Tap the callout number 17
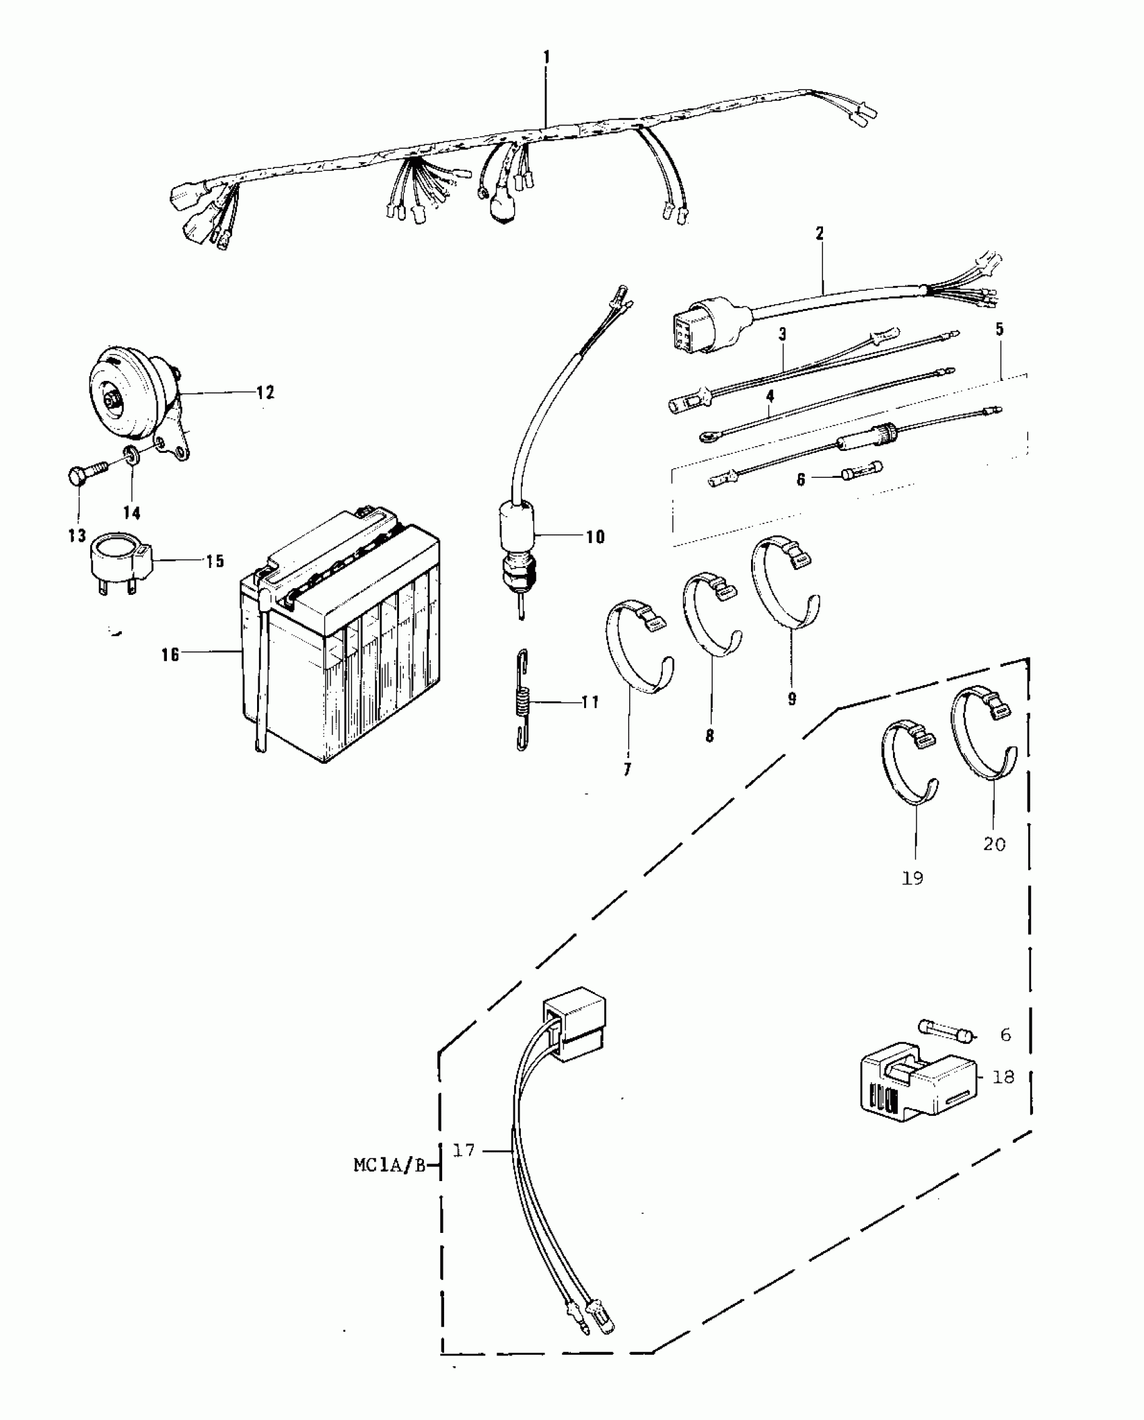pyautogui.click(x=464, y=1150)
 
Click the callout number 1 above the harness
pyautogui.click(x=546, y=58)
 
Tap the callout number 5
pyautogui.click(x=999, y=330)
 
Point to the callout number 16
pyautogui.click(x=170, y=653)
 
